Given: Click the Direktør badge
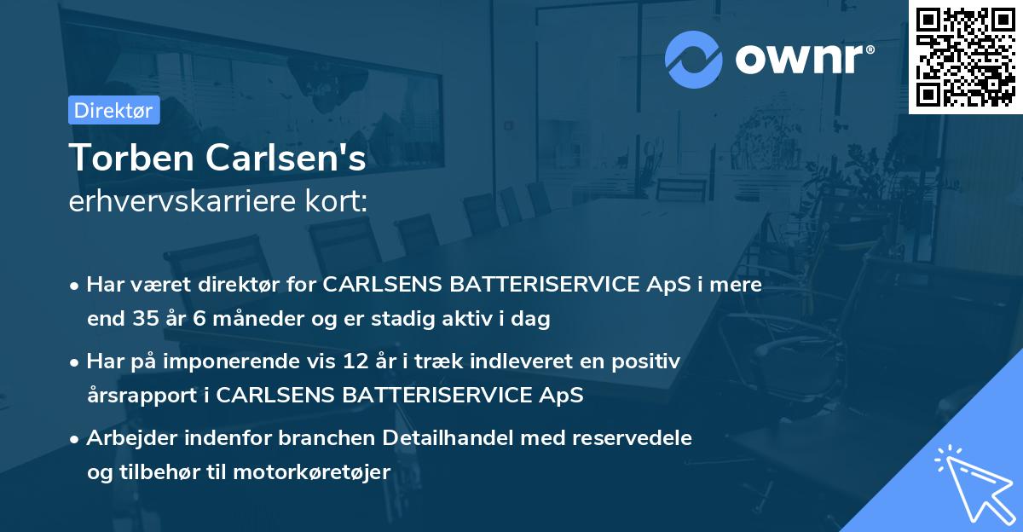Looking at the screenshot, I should pos(113,110).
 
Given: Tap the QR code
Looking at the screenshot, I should pos(966,56).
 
